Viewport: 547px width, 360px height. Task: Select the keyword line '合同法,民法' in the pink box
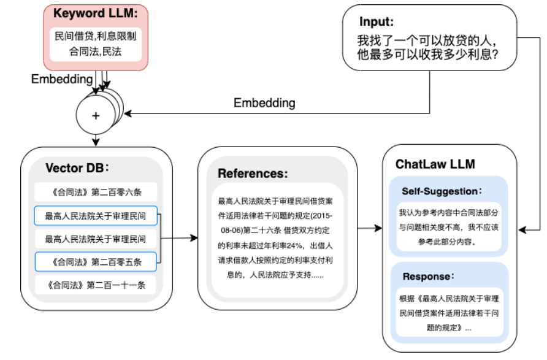coord(96,52)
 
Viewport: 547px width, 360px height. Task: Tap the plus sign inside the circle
coord(96,115)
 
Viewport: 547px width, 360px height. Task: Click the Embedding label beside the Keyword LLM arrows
coord(61,79)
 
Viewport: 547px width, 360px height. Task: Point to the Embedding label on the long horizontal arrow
coord(264,103)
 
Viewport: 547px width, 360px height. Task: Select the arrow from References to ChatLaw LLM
coord(368,229)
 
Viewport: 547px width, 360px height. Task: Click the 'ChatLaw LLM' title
coord(435,164)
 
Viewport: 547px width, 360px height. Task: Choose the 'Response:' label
coord(430,276)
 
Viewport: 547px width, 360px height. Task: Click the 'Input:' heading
coord(375,21)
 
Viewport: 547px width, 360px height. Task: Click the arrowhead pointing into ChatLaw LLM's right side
coord(522,229)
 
